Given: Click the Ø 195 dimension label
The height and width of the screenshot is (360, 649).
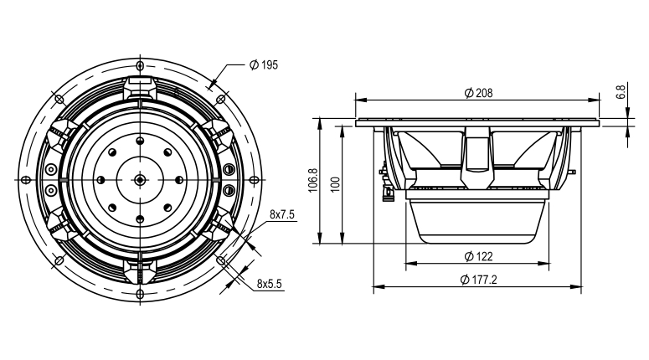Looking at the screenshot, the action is (x=264, y=65).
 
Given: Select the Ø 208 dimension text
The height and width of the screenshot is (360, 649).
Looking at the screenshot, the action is (x=478, y=93).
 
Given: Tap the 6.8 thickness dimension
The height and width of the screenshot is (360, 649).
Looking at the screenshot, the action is (x=621, y=92).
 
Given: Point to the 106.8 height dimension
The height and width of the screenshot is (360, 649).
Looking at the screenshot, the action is (x=313, y=180).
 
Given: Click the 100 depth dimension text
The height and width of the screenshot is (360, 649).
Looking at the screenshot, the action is (x=336, y=184).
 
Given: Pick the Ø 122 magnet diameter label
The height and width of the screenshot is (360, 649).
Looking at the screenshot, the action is (x=478, y=256).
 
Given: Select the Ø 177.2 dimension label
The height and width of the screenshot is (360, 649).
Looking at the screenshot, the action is (x=478, y=280).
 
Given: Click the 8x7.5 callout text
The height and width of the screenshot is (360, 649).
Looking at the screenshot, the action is (x=282, y=214).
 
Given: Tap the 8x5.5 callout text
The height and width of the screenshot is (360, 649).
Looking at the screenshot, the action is (x=269, y=284).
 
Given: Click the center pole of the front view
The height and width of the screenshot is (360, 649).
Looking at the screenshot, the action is (x=141, y=180).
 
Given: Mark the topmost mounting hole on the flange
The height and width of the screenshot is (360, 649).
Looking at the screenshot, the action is (x=141, y=66).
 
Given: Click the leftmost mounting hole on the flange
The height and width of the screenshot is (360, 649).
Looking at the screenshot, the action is (x=26, y=180).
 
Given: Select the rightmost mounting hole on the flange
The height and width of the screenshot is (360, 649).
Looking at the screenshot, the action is (x=255, y=180).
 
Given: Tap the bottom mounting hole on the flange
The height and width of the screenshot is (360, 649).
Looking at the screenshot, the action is (x=141, y=294).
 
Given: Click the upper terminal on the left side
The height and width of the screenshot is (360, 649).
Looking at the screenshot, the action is (x=51, y=170).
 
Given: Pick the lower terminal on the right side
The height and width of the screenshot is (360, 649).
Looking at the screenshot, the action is (x=229, y=190).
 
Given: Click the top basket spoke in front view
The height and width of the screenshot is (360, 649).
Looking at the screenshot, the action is (x=141, y=87).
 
